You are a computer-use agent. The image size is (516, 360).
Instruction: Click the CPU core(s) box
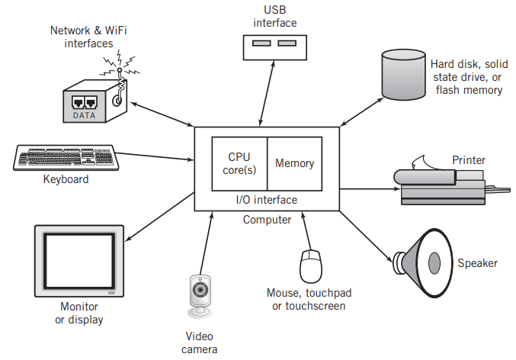(239, 164)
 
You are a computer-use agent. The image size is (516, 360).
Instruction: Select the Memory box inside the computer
(294, 164)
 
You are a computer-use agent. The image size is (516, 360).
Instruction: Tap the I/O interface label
(267, 200)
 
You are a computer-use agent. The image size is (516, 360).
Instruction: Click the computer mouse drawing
(311, 266)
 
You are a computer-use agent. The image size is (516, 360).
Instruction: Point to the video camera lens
(200, 290)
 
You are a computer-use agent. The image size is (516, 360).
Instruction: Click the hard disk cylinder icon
(403, 75)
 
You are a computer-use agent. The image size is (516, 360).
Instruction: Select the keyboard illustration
(66, 158)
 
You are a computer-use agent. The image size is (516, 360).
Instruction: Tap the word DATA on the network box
(84, 115)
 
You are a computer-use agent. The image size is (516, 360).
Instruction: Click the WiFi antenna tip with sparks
(120, 70)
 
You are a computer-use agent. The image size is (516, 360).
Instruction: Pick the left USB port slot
(261, 43)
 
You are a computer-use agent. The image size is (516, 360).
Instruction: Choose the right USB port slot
(287, 43)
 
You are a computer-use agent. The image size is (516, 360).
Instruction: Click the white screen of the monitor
(79, 261)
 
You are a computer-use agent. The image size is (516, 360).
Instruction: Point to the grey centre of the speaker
(434, 263)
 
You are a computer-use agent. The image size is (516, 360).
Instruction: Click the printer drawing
(452, 184)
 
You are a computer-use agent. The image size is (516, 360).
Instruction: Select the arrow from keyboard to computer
(155, 156)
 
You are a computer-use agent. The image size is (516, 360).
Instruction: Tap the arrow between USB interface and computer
(267, 94)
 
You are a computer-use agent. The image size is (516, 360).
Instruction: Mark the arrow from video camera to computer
(207, 243)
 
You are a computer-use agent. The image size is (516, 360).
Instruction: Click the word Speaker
(477, 263)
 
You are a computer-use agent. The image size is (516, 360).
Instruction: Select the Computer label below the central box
(267, 220)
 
